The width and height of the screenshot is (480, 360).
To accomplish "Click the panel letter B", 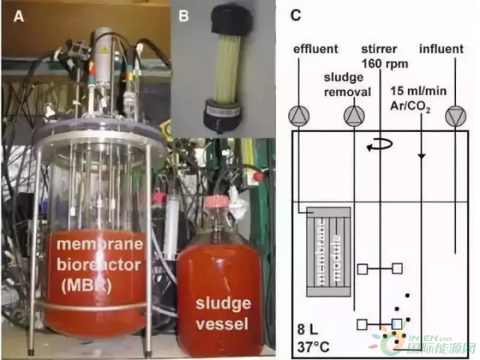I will click(x=183, y=14).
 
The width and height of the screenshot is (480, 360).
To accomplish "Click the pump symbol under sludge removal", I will click(x=354, y=117).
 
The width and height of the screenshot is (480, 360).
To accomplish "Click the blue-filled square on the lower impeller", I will click(x=396, y=324).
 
